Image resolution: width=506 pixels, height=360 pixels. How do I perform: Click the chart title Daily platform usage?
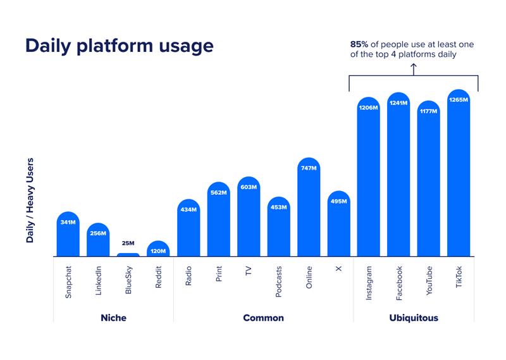[119, 46]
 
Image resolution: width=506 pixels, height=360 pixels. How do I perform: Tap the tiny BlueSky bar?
[128, 255]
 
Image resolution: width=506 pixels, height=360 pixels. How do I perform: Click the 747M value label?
[309, 168]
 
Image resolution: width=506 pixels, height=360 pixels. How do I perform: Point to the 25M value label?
[128, 243]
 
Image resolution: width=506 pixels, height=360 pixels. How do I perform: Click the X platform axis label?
[338, 268]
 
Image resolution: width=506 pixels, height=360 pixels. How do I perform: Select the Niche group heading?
[113, 318]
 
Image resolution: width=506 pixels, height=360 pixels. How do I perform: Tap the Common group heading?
[263, 318]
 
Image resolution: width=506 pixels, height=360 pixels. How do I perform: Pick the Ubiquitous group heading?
[414, 318]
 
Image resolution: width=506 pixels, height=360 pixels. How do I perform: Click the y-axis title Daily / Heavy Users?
[30, 201]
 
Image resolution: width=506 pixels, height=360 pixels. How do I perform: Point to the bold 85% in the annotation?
[360, 44]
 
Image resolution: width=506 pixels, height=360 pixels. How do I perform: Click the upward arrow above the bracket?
[414, 68]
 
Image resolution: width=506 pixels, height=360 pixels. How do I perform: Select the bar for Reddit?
[158, 249]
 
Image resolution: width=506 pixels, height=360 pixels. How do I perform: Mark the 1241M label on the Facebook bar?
[398, 102]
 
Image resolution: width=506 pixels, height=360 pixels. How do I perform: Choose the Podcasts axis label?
[279, 282]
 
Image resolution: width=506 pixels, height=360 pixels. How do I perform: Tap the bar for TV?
[249, 218]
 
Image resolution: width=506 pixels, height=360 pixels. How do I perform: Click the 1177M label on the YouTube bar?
[429, 111]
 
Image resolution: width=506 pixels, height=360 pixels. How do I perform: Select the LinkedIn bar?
[98, 241]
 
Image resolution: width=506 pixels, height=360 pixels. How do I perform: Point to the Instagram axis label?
[369, 283]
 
